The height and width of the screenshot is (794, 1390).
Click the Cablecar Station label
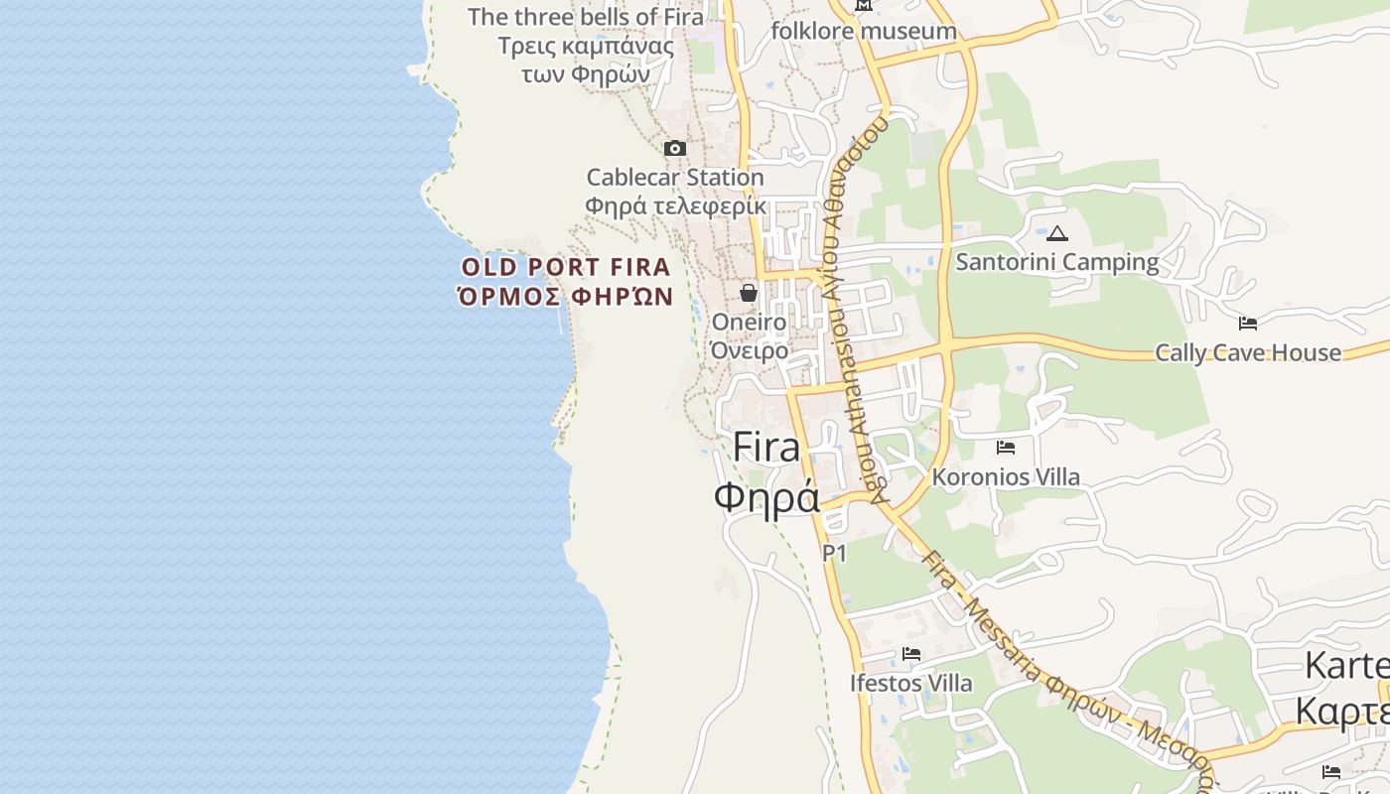pos(675,178)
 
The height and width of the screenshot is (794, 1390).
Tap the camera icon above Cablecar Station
pos(675,149)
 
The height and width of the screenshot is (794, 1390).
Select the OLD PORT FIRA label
pos(566,267)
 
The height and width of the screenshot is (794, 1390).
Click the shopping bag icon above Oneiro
pos(749,293)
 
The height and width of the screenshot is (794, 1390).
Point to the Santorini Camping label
pos(1057,262)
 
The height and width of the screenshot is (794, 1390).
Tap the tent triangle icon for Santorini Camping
pos(1057,234)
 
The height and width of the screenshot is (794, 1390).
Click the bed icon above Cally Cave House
pos(1248,324)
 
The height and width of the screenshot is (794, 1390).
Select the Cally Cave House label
pos(1248,352)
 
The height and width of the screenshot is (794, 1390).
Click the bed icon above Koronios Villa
pos(1006,448)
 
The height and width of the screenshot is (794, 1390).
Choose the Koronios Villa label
pos(1006,476)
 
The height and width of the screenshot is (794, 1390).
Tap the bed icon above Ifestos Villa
pos(911,654)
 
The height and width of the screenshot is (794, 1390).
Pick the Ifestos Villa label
pos(911,683)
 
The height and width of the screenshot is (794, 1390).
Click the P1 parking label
pos(834,553)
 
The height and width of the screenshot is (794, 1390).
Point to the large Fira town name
pos(766,448)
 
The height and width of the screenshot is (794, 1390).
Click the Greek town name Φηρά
pos(766,496)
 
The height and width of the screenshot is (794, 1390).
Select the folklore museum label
pos(864,31)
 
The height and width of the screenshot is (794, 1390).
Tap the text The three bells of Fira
pos(586,17)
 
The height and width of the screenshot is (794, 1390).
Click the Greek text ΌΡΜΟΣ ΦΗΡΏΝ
pos(566,296)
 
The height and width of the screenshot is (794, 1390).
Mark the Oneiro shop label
pos(749,322)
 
